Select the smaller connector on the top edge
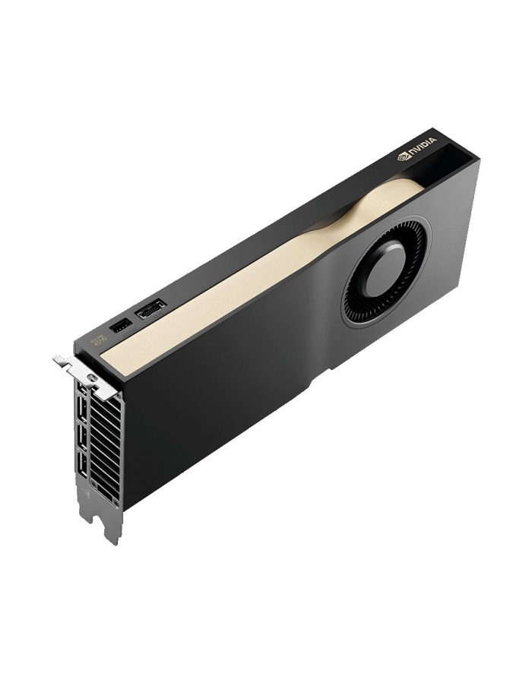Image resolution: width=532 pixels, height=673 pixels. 120,326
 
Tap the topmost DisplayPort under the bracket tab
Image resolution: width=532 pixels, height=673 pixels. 82,389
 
